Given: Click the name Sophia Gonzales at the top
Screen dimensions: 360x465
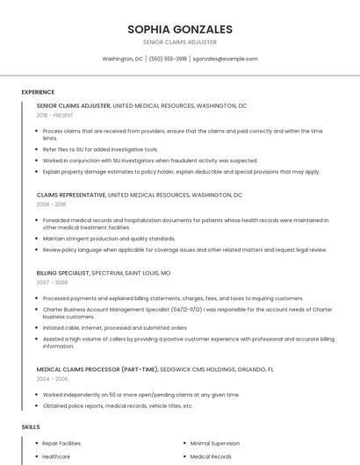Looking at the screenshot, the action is (179, 29).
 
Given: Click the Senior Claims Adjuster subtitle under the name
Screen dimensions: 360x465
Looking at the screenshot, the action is (179, 42).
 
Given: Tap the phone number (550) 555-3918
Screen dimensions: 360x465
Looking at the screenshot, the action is (168, 59).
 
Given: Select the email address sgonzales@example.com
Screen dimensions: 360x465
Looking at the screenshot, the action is (225, 59).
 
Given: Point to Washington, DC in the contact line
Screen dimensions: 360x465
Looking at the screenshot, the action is (122, 59).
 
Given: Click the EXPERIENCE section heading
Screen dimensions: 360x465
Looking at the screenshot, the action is (38, 92).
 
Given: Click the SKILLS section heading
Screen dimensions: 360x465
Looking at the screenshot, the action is (31, 426).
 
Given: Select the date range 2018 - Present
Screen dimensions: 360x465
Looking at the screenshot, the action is (55, 115).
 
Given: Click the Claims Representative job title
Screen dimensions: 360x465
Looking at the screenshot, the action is (71, 194).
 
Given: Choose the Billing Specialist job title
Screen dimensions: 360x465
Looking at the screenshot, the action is (62, 273).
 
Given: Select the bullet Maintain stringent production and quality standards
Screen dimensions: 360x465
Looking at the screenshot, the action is (109, 238).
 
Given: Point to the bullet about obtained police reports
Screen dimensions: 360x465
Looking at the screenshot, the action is (118, 406).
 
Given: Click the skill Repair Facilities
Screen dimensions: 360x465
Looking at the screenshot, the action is (61, 444).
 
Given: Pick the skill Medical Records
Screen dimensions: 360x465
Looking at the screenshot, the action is (211, 457).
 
